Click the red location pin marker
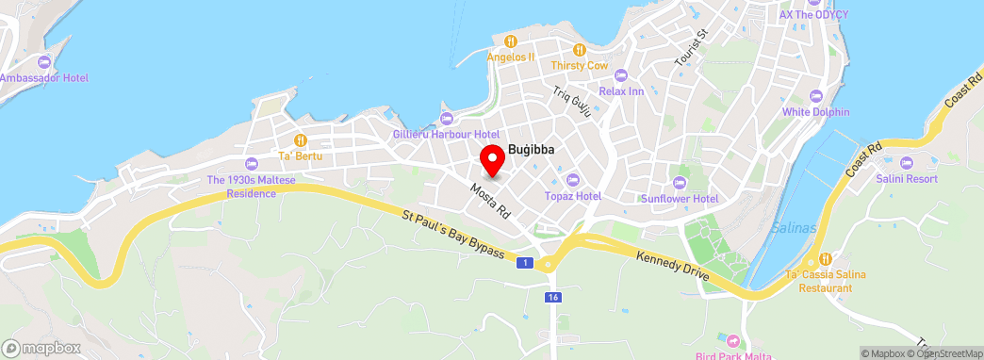point(491,160)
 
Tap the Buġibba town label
point(530,149)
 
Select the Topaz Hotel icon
point(572,180)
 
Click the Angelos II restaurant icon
point(510,41)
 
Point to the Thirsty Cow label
point(581,65)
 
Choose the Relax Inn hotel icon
point(620,75)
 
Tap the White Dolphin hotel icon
point(815,96)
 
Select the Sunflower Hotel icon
point(680,183)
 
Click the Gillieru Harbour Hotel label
point(446,134)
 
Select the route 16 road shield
point(551,297)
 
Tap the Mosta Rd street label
point(489,199)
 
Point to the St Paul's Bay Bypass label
point(452,237)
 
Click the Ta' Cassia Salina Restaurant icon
point(825,259)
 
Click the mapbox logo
point(41,348)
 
